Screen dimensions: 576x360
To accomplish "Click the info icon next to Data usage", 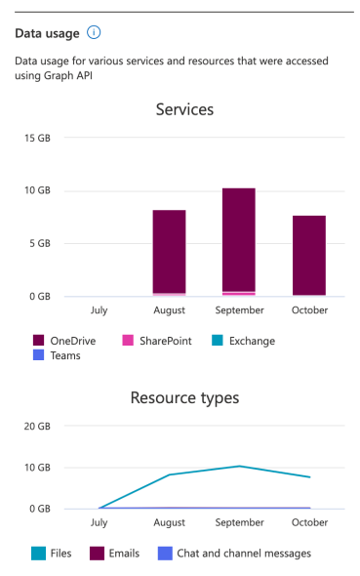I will coord(94,32).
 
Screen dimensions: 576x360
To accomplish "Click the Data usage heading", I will coord(47,33).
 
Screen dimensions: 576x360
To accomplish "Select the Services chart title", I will coord(184,109).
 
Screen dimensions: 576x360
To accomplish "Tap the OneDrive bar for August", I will coord(169,251).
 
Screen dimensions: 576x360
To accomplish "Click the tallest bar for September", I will coord(239,239).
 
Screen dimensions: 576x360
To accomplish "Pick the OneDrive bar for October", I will coord(309,255).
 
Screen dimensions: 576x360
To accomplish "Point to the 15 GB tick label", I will coord(37,138).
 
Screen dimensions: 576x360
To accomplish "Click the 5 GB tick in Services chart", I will coord(39,243).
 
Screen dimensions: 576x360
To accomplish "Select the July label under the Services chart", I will coord(99,309).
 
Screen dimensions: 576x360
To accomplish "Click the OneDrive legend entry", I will coord(71,341).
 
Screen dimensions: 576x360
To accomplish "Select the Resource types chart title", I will coord(184,397).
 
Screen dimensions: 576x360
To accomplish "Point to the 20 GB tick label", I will coord(37,427).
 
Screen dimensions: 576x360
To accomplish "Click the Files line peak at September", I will coord(239,466).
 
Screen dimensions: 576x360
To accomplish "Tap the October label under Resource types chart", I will coord(309,522).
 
